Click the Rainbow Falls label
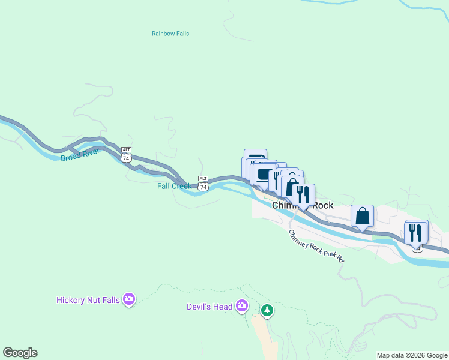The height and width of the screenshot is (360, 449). tap(170, 34)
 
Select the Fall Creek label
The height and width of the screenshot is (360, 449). tap(174, 186)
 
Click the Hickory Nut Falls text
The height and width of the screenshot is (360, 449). tap(88, 299)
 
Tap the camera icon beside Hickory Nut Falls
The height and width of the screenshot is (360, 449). tap(128, 299)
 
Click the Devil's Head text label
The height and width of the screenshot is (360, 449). tap(209, 307)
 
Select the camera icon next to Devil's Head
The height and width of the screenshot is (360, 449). tap(241, 306)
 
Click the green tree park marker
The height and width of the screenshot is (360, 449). tap(267, 310)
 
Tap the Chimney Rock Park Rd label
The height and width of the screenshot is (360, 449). tap(316, 246)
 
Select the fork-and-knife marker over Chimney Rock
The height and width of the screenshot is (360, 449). tap(303, 194)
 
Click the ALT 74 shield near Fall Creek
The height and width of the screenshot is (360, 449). tap(203, 183)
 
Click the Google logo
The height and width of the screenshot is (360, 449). tap(20, 353)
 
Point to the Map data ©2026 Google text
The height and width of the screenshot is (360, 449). tap(411, 355)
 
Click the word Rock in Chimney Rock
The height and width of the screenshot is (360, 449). tap(322, 205)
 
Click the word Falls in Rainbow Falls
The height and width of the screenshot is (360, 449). tap(180, 34)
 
